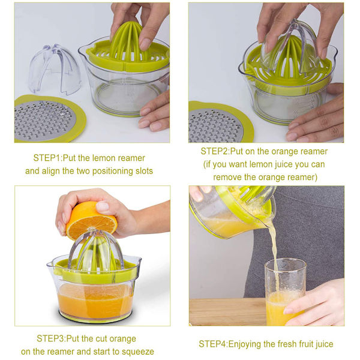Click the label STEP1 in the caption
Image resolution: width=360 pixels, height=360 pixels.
point(47,158)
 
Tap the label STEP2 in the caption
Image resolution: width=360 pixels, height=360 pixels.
point(214,151)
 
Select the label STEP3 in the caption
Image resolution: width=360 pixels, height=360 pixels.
point(50,338)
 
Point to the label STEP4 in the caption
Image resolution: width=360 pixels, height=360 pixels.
point(212,344)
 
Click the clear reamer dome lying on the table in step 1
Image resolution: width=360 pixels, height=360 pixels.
point(55,69)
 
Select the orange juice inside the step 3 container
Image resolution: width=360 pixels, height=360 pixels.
point(95,299)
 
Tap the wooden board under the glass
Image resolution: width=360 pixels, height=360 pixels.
point(227,312)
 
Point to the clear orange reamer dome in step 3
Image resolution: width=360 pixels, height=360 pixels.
point(96,250)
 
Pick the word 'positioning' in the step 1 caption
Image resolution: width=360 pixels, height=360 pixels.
point(111,171)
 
